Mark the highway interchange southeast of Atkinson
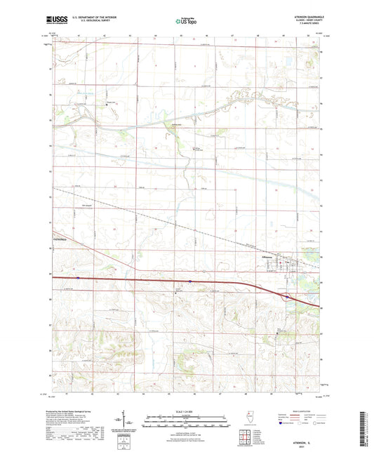(288, 297)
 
